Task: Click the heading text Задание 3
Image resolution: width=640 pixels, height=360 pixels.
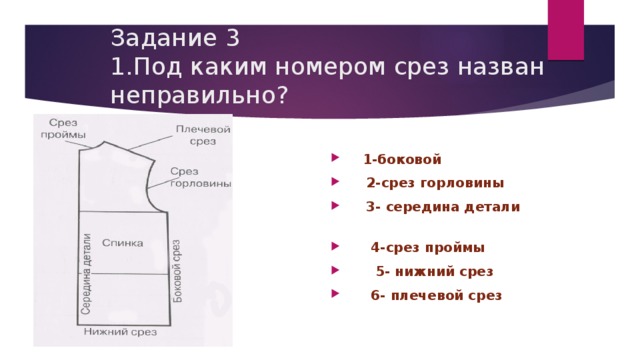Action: [175, 39]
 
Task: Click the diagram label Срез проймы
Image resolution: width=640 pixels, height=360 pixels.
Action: [61, 128]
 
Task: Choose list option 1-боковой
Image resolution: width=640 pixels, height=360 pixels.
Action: [403, 159]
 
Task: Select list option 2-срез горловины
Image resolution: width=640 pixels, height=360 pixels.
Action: [435, 183]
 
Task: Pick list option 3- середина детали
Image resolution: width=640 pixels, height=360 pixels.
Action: [443, 207]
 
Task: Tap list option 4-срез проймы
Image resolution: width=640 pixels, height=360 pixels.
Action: [428, 247]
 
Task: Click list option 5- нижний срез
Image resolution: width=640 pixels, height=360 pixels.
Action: [434, 271]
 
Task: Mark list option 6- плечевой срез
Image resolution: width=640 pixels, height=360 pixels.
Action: [435, 295]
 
